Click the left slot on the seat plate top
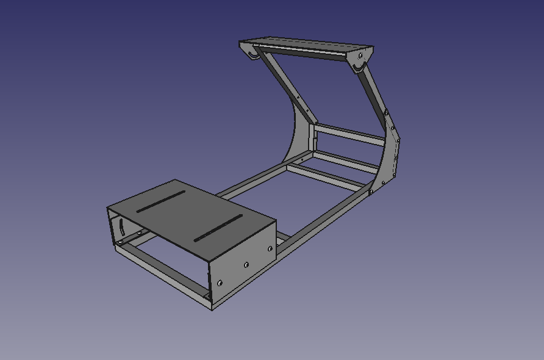pyautogui.click(x=160, y=201)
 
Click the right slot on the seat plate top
pyautogui.click(x=218, y=228)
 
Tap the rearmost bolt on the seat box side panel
pyautogui.click(x=220, y=283)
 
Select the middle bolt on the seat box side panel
pyautogui.click(x=246, y=265)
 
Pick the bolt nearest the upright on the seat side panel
pyautogui.click(x=270, y=248)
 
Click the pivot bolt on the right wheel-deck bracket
pyautogui.click(x=360, y=56)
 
